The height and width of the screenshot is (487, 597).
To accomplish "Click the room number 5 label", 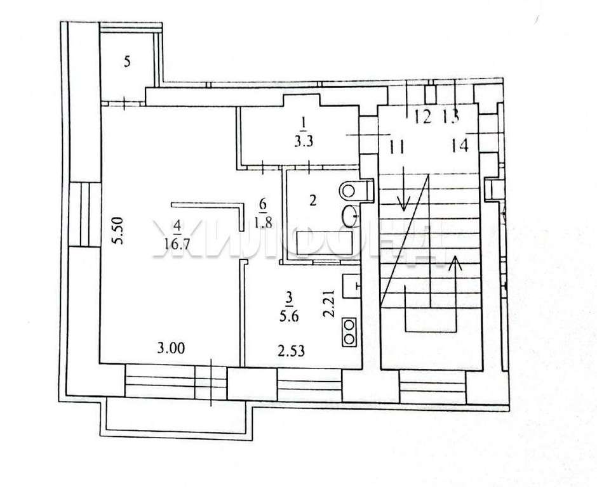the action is pyautogui.click(x=128, y=62).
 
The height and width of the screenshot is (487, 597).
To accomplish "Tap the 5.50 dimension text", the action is pyautogui.click(x=119, y=230).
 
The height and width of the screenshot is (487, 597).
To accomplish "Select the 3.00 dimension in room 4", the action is pyautogui.click(x=171, y=348).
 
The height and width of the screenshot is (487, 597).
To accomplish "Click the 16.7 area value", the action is pyautogui.click(x=177, y=243).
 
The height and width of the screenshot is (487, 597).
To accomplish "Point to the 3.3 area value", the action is pyautogui.click(x=304, y=141).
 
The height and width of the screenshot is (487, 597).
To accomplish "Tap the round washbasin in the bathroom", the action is pyautogui.click(x=350, y=215).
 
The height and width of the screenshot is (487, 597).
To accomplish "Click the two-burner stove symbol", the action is pyautogui.click(x=349, y=332).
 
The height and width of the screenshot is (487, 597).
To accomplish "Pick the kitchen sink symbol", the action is pyautogui.click(x=351, y=286).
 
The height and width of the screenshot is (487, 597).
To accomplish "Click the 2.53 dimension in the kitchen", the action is pyautogui.click(x=292, y=351).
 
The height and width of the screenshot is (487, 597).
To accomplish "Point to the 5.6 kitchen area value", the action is pyautogui.click(x=290, y=316).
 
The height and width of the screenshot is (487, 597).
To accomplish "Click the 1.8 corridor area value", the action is pyautogui.click(x=264, y=222).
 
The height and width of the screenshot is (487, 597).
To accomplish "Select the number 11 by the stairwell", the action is pyautogui.click(x=396, y=146).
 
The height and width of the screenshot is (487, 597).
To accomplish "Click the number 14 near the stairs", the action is pyautogui.click(x=460, y=145).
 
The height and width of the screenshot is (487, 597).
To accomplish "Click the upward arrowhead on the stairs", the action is pyautogui.click(x=455, y=263).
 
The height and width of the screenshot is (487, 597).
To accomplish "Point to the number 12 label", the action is pyautogui.click(x=422, y=116).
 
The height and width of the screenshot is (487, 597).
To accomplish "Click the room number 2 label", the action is pyautogui.click(x=312, y=200).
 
